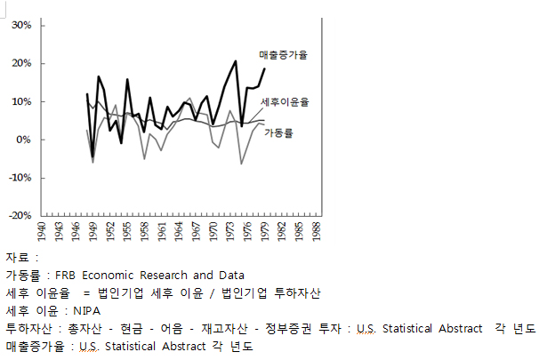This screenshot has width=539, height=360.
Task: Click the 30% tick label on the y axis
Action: (21, 25)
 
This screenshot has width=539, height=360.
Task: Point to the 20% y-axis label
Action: (21, 63)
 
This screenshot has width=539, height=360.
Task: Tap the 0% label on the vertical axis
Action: (23, 140)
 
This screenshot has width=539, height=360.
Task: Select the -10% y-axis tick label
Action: (20, 178)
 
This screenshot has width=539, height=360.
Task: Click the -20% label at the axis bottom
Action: (20, 215)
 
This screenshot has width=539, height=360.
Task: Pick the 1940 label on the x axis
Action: (41, 231)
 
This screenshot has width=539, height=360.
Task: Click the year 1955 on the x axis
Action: (127, 231)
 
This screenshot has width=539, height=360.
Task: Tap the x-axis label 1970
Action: (213, 231)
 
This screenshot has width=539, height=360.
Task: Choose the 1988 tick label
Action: (317, 231)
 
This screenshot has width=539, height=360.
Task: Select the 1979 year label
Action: (265, 231)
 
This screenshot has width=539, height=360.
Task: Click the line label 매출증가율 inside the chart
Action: (283, 55)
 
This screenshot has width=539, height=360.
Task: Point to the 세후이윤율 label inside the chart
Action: (285, 102)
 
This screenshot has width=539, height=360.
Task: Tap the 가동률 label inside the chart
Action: (278, 133)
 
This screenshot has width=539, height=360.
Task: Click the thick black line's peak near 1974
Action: (236, 60)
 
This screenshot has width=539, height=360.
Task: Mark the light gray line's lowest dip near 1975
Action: (242, 164)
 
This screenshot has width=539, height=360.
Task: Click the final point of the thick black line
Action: (265, 68)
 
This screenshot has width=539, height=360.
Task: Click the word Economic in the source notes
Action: (108, 276)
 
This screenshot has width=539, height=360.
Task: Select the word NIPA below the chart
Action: (87, 311)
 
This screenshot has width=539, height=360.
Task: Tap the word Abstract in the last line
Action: (183, 347)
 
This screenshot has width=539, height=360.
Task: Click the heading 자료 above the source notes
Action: (17, 258)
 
